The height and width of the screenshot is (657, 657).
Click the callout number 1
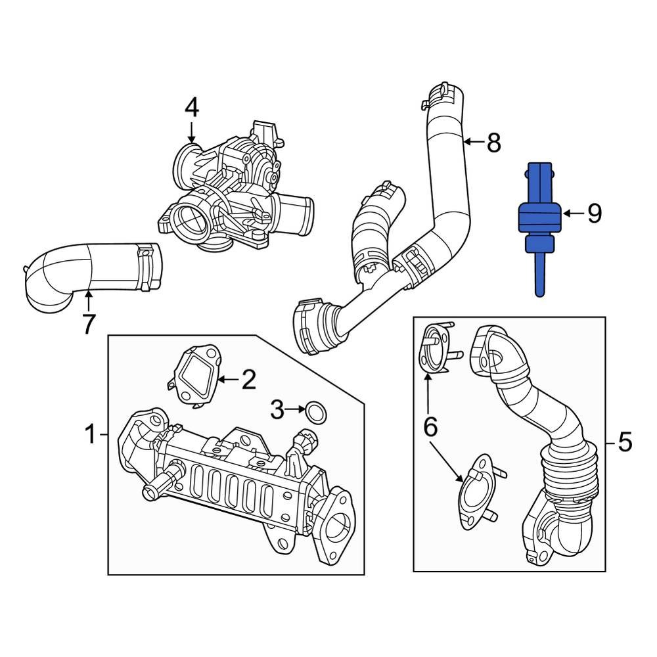tap(91, 434)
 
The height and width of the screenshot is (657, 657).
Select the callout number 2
tap(248, 379)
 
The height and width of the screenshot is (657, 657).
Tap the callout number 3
tap(277, 411)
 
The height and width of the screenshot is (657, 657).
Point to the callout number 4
tap(191, 106)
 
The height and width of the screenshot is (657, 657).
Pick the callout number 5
tap(624, 442)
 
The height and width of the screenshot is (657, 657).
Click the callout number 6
tap(430, 427)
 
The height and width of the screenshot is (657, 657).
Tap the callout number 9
tap(594, 213)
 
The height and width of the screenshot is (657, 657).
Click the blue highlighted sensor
tap(539, 217)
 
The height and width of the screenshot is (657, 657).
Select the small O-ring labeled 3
tap(316, 412)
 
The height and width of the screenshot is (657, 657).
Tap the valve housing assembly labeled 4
tap(230, 191)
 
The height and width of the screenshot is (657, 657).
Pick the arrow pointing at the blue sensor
tap(572, 213)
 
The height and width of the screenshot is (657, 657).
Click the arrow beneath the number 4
tap(191, 131)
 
